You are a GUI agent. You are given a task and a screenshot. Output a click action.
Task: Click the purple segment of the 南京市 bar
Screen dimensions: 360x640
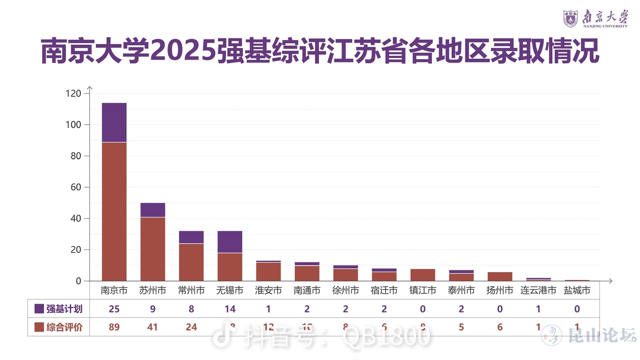coord(114,122)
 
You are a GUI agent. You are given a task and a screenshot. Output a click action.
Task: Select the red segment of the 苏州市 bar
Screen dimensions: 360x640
coord(153,249)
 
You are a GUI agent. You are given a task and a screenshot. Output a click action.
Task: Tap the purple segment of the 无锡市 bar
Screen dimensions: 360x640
coord(230,242)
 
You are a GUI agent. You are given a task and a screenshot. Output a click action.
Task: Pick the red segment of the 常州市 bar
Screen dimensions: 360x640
coord(191,262)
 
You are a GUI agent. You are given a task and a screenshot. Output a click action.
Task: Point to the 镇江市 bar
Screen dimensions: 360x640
coord(423,275)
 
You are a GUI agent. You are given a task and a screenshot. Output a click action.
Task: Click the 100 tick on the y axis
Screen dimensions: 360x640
coord(73,125)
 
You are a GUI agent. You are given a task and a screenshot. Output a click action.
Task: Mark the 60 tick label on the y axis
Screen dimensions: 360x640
coord(76,187)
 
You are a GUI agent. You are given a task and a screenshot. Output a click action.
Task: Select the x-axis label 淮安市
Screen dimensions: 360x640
coord(268,290)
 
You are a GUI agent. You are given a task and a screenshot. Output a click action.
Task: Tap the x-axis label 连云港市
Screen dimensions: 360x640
coord(538,290)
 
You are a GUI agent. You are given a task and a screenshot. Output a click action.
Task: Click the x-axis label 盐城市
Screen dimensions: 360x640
coord(577,290)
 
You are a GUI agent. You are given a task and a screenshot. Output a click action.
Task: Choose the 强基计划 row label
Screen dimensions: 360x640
coord(64,309)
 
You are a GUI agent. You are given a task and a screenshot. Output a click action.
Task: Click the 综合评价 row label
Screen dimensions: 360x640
coord(64,327)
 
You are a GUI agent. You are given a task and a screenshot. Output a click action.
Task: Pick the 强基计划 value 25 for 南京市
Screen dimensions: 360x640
coord(114,309)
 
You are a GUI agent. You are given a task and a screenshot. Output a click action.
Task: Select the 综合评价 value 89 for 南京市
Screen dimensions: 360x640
coord(114,327)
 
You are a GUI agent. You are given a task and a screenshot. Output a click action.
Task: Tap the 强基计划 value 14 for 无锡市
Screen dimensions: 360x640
coord(230,309)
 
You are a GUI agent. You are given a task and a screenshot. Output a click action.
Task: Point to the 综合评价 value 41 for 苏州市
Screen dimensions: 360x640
coord(152,327)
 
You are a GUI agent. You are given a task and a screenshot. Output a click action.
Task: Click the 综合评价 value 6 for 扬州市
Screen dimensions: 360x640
coord(500,327)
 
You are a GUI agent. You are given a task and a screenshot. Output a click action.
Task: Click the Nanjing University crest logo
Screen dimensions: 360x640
coord(570,18)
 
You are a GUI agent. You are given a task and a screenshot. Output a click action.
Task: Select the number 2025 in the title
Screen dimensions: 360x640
coord(183,51)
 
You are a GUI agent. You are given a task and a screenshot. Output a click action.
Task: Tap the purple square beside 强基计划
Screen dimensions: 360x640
coord(39,309)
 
